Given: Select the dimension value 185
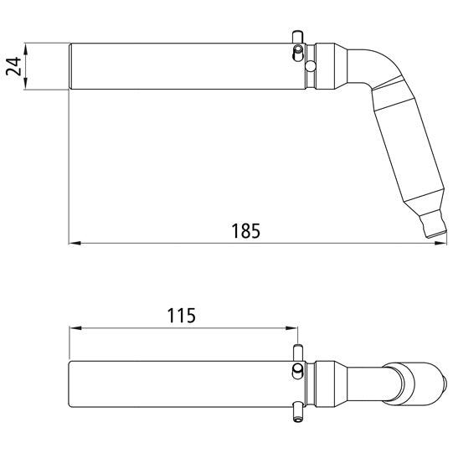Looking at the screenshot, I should pyautogui.click(x=247, y=229).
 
